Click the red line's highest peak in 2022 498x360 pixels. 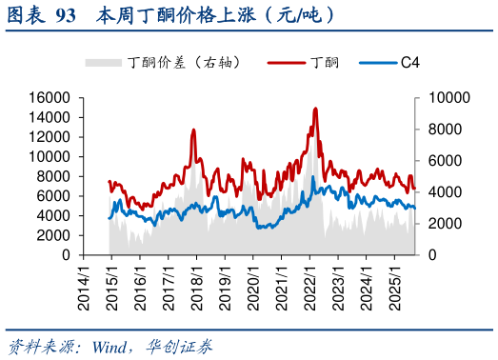click(315, 109)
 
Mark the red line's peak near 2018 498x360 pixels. click(193, 130)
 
